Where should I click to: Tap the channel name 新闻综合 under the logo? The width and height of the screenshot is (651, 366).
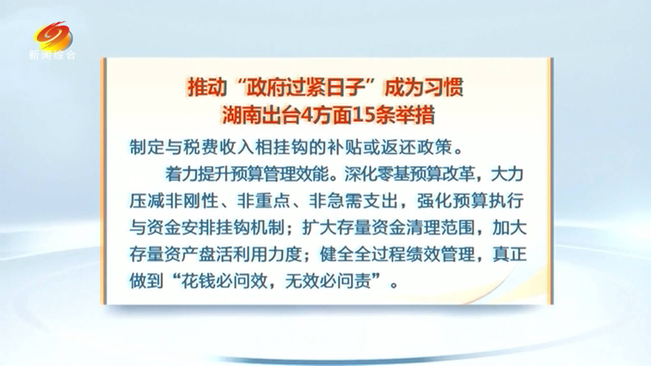[52, 55]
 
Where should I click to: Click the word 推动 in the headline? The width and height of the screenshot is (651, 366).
[207, 87]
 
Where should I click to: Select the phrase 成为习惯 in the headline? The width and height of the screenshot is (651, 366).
[424, 87]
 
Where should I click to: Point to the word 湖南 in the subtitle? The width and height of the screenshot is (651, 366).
[242, 115]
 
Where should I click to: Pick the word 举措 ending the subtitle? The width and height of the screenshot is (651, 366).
[415, 115]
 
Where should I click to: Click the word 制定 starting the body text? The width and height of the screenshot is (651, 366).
[147, 147]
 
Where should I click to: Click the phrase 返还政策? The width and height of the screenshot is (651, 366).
[416, 147]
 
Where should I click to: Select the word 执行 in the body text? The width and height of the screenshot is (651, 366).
[506, 201]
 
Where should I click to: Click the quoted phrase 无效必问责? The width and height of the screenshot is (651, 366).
[328, 281]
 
